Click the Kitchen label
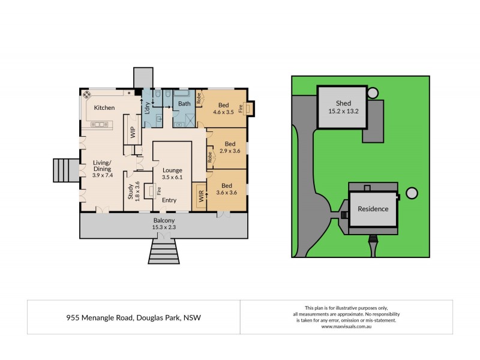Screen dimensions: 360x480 click(104, 108)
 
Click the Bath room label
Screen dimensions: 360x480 click(184, 104)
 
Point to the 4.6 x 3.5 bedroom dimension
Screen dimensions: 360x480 click(225, 112)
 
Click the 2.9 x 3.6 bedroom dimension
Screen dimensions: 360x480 click(229, 151)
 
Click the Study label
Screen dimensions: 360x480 click(130, 191)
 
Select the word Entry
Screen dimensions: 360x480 click(169, 200)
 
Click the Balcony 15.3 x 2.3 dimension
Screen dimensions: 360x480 click(163, 228)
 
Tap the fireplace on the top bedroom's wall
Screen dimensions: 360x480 click(250, 109)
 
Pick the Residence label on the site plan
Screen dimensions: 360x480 click(373, 209)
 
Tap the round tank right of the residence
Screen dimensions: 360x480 click(412, 193)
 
